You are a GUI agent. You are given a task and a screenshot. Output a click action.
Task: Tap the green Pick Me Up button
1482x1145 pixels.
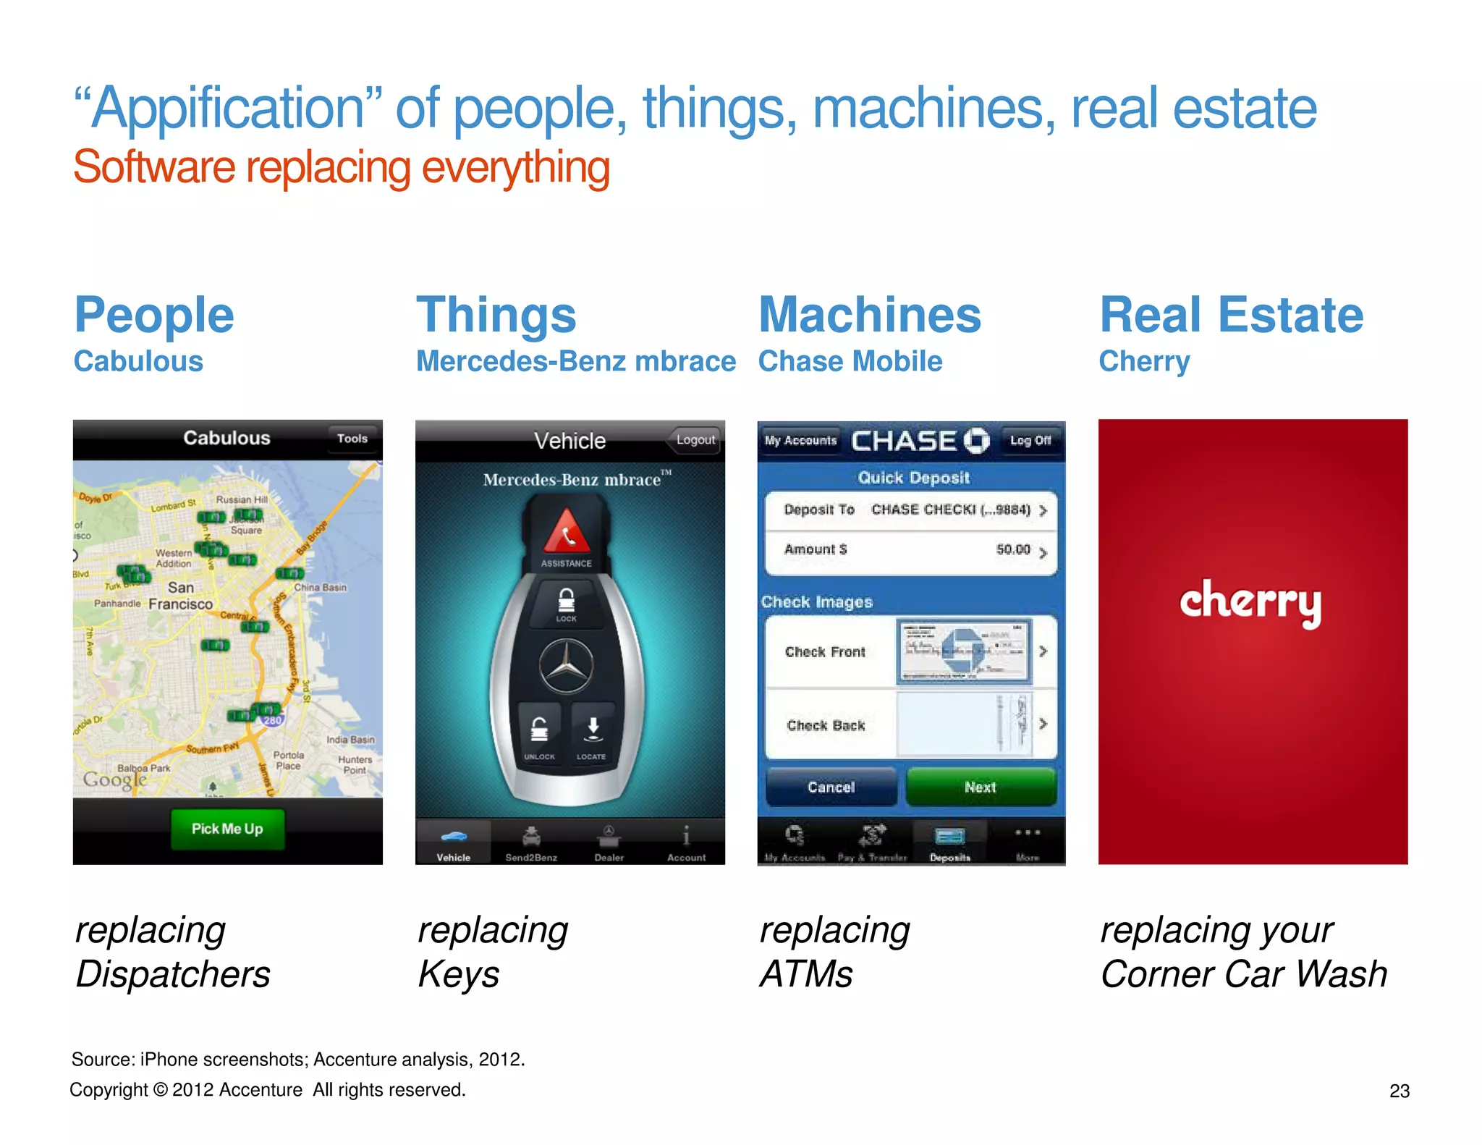[x=227, y=829]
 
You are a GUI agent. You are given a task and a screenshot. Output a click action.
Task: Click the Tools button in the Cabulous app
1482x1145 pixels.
[x=352, y=439]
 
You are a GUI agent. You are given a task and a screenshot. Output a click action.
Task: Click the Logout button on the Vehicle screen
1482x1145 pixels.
[x=695, y=440]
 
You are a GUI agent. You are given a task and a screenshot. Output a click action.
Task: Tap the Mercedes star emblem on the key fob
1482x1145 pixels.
[x=567, y=667]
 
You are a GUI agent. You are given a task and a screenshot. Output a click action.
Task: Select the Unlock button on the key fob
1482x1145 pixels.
[x=539, y=732]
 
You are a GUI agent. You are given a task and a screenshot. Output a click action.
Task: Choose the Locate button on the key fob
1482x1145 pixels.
[x=592, y=732]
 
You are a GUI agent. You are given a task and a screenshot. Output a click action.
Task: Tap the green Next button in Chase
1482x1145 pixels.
[x=980, y=787]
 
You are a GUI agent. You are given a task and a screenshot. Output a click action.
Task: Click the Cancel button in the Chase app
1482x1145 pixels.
[x=831, y=787]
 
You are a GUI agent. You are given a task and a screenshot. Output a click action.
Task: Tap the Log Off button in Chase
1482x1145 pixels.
[x=1030, y=440]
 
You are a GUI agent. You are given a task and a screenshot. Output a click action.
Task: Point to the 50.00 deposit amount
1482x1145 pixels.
[x=1012, y=550]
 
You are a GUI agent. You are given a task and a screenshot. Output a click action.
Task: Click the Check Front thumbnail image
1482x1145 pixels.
[x=963, y=651]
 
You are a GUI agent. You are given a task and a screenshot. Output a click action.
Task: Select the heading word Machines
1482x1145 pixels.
[x=870, y=316]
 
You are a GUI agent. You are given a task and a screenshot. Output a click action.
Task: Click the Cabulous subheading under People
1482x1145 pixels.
[x=139, y=361]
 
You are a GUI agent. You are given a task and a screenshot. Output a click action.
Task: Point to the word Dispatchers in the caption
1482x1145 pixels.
[x=174, y=974]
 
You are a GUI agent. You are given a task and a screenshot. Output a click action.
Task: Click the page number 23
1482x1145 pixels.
[x=1399, y=1091]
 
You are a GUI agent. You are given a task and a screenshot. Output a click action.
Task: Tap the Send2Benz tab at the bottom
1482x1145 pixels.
[x=531, y=844]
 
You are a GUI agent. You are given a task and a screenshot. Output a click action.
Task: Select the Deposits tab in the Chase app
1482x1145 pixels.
[x=950, y=844]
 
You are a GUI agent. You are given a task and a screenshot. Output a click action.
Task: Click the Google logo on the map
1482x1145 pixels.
[x=115, y=780]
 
